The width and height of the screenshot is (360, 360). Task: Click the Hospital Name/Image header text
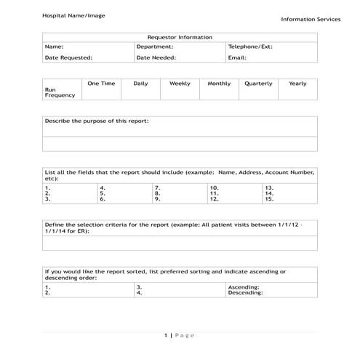73,15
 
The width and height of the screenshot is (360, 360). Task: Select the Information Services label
311,20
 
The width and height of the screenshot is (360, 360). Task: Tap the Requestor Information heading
180,37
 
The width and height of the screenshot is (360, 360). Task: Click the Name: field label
54,46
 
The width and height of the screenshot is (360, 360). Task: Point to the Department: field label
154,46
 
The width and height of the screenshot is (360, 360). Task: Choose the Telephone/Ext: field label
249,46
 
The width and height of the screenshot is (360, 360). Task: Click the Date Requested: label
68,57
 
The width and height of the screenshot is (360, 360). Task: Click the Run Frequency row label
60,92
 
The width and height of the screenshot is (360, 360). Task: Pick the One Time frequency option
101,84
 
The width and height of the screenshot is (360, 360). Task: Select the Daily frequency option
140,84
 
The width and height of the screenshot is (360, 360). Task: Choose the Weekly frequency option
180,84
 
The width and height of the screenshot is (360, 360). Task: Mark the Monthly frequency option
219,84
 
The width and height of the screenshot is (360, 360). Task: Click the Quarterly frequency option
258,84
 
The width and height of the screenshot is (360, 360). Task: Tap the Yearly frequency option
297,84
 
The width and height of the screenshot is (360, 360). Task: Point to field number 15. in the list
269,199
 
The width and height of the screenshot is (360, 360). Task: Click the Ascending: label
244,287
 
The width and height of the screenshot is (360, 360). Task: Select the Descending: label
245,293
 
